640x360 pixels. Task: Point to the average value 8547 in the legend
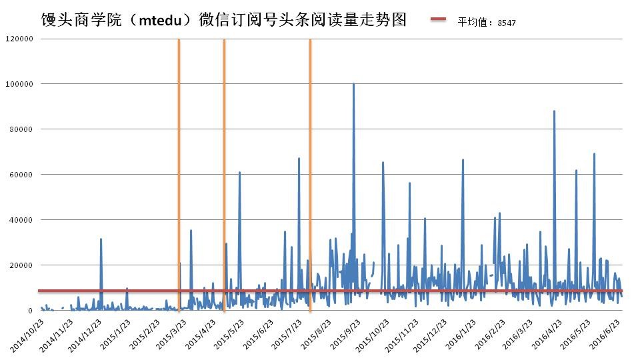507,22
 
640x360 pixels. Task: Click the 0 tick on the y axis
30,311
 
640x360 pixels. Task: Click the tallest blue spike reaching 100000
353,85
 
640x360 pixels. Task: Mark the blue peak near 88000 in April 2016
554,112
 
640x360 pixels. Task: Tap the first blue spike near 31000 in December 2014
101,239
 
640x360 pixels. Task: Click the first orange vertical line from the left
179,167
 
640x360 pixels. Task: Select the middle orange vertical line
224,167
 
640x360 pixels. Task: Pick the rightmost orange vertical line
310,167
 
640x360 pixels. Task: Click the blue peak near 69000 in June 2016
594,155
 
